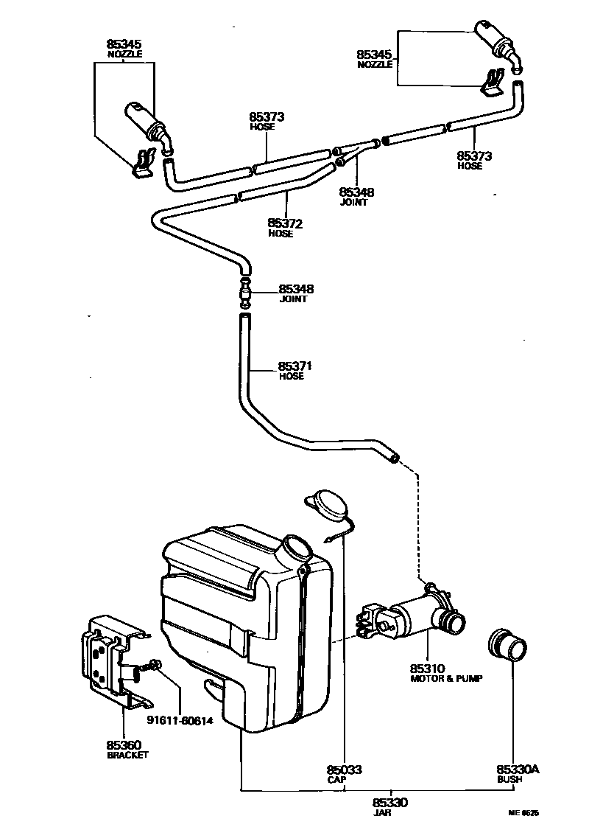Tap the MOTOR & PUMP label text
pos(446,678)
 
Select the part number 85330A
pos(518,769)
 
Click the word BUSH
pos(509,779)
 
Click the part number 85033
pos(345,770)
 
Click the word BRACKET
pos(128,755)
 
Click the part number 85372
pos(286,223)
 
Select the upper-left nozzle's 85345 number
pos(124,44)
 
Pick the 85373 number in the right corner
pos(475,156)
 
